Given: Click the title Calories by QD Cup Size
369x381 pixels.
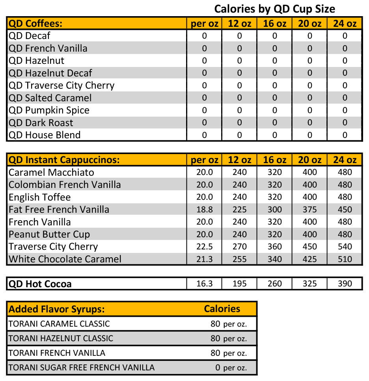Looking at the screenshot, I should (274, 9).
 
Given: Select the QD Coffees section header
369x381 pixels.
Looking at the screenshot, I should (35, 24).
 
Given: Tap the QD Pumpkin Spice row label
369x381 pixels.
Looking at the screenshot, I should (49, 110).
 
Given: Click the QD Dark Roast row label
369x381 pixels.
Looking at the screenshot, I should (41, 123).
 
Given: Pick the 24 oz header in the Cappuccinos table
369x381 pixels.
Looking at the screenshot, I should (345, 160).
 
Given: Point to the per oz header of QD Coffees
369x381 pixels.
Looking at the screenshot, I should (204, 24).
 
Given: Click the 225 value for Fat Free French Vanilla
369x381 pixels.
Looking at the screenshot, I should (239, 210).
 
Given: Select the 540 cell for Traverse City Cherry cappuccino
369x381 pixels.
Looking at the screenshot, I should (345, 247).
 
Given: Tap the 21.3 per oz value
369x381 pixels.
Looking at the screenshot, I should (204, 259).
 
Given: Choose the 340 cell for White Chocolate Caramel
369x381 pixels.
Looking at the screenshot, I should (274, 259).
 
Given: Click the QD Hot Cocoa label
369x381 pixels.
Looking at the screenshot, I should (40, 284).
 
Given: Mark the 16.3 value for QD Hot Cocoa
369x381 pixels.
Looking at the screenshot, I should (204, 284).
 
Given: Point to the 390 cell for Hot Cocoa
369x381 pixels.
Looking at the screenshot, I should (345, 284).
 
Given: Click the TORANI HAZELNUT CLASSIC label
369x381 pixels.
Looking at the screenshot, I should (61, 338).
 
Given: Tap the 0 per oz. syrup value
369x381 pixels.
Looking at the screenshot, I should (231, 368).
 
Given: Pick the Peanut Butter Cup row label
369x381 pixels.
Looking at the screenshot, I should (49, 234).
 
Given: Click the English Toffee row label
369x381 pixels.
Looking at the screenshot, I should (39, 197).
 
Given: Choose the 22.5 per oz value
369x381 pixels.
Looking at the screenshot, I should (204, 247).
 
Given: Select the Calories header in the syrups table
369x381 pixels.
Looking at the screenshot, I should (222, 309).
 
